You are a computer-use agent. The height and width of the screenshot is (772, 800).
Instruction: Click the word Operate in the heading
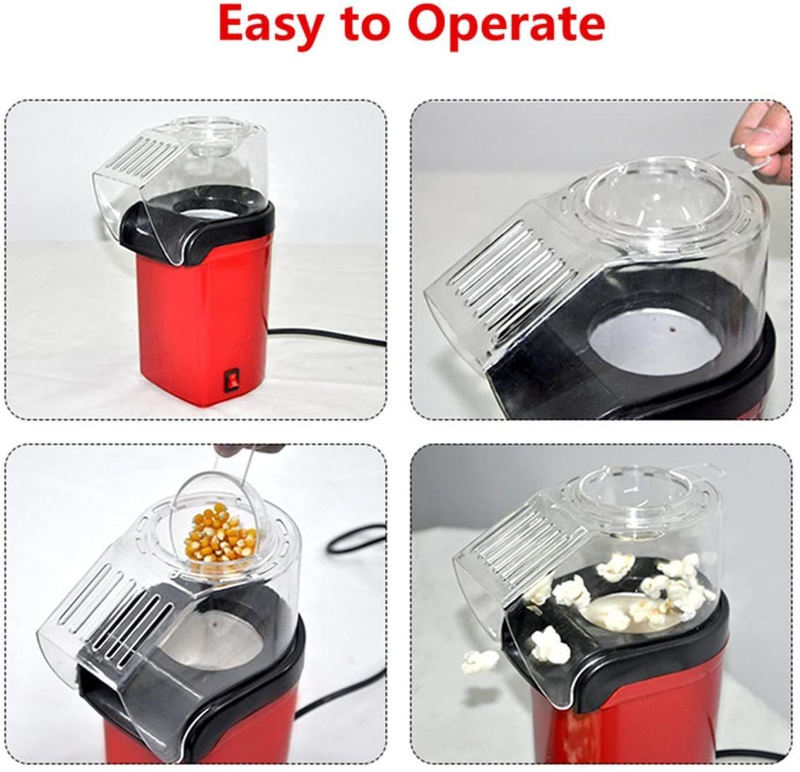[x=507, y=25]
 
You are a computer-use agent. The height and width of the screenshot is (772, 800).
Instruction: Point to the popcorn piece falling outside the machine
[x=480, y=662]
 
